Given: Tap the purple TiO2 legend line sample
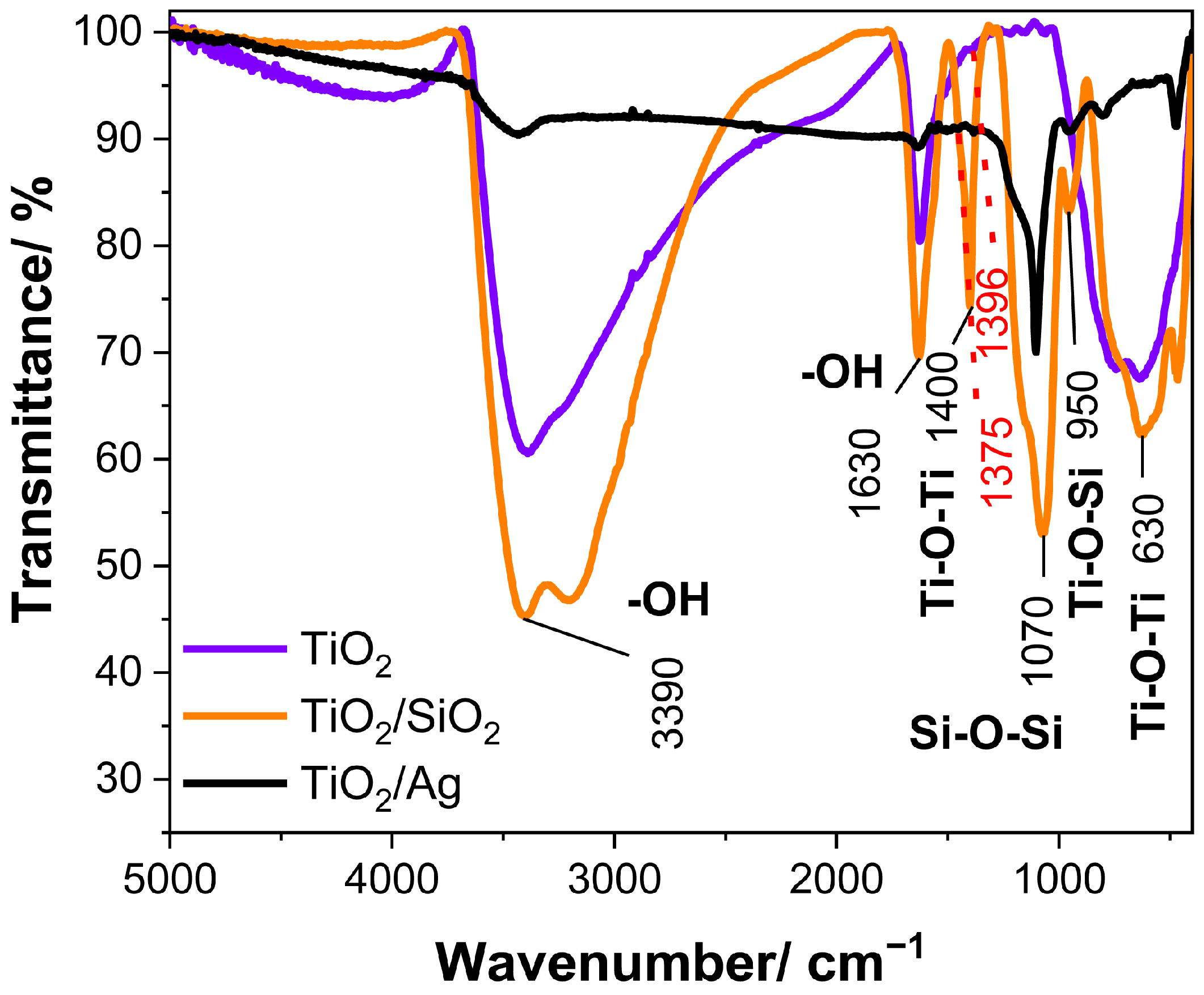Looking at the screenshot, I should click(x=234, y=649).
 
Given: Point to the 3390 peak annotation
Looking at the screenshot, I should click(x=668, y=703).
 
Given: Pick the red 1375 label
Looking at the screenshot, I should click(x=996, y=462).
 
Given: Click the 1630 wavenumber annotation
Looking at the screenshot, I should click(x=865, y=473).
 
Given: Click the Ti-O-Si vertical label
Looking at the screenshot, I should click(x=1086, y=542).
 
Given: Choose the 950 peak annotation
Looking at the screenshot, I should click(x=1082, y=405).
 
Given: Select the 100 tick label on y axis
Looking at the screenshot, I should click(x=108, y=32).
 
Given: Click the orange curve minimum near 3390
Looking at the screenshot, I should click(x=525, y=616).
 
